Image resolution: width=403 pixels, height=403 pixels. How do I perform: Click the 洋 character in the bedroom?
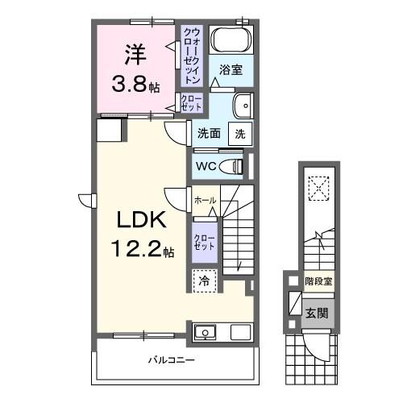pyautogui.click(x=135, y=54)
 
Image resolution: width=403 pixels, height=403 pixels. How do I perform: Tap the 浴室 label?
pyautogui.click(x=231, y=70)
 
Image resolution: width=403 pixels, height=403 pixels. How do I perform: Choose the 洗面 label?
pyautogui.click(x=209, y=134)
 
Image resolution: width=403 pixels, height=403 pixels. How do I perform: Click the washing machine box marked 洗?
pyautogui.click(x=241, y=134)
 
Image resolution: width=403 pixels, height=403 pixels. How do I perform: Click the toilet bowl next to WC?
pyautogui.click(x=236, y=166)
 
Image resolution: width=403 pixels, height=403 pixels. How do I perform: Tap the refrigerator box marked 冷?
pyautogui.click(x=204, y=280)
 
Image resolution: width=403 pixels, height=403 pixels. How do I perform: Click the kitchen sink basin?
pyautogui.click(x=205, y=332)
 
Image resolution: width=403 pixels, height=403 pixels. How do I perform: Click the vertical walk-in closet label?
pyautogui.click(x=192, y=56)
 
